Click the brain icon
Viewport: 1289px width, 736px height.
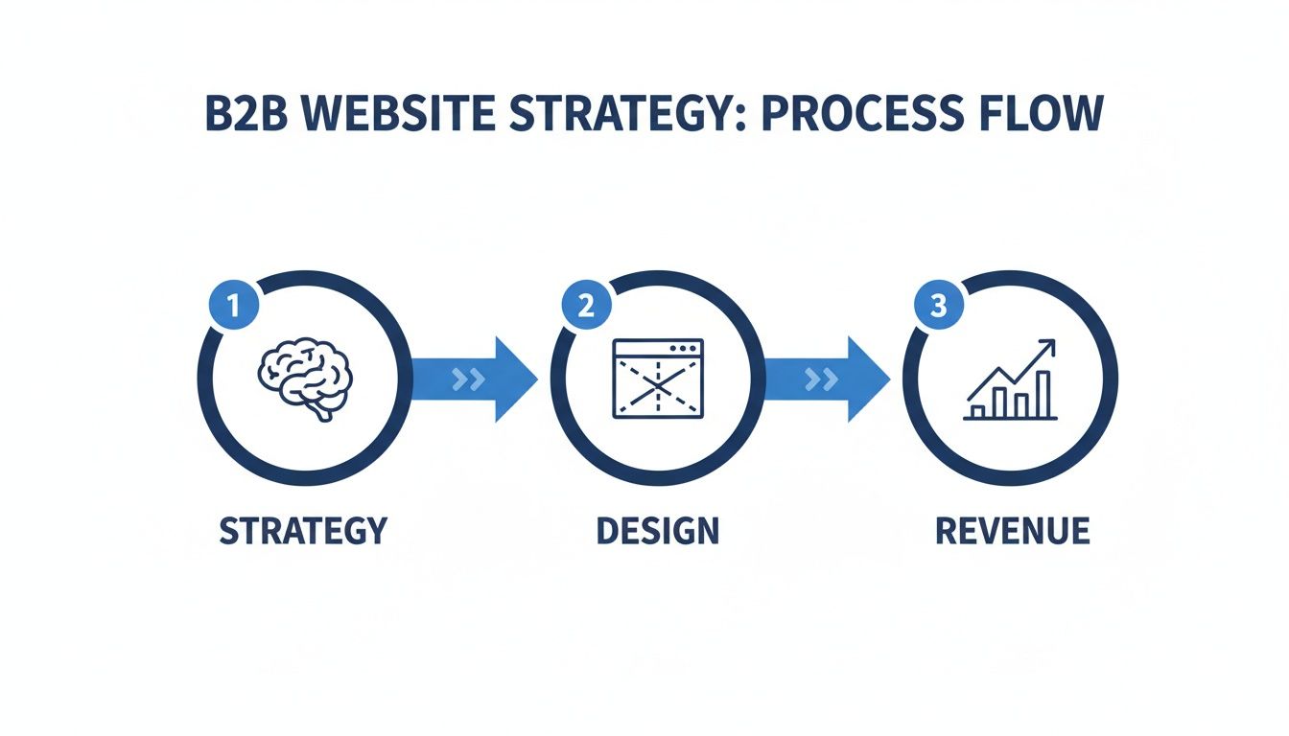click(305, 378)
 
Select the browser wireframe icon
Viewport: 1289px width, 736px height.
click(658, 379)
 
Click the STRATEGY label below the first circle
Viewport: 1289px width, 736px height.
click(304, 530)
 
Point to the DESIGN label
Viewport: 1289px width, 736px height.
click(657, 530)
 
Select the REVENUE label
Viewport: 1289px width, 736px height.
click(1012, 530)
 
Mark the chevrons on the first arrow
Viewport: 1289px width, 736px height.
click(467, 379)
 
